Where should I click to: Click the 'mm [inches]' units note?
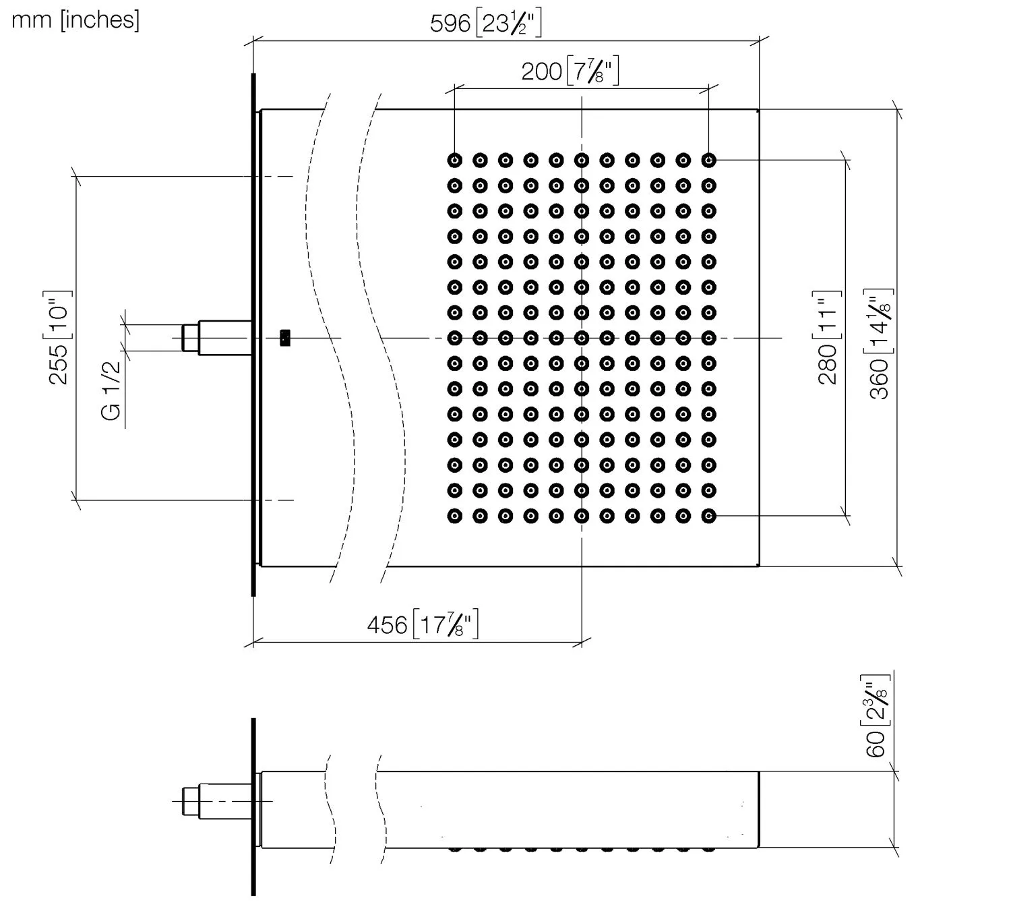pos(75,20)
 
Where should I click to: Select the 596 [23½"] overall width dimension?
pos(485,24)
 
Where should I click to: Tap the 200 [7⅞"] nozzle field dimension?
pos(570,71)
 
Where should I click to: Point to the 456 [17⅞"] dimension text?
pos(423,624)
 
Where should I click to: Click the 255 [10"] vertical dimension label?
pos(59,337)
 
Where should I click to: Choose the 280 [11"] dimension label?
pos(828,337)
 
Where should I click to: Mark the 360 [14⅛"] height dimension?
pos(880,343)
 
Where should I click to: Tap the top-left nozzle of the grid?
pos(455,160)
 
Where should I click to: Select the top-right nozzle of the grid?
pos(708,160)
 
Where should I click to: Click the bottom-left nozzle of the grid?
pos(455,516)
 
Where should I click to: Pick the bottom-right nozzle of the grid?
pos(708,516)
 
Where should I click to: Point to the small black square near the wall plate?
pos(285,337)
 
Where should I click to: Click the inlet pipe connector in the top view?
pos(216,336)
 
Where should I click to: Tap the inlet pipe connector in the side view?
pos(216,801)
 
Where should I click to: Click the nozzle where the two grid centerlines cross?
pos(582,337)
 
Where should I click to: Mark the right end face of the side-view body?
pos(759,809)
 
